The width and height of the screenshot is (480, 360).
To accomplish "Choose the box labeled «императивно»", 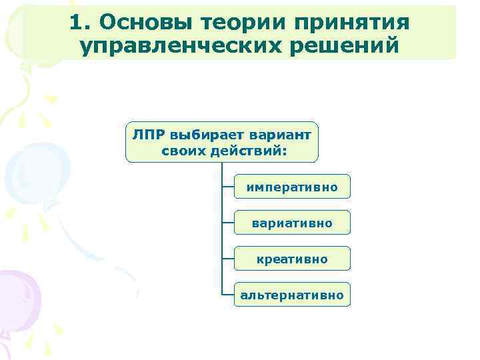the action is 291,187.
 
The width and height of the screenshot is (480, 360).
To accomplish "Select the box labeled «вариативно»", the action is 291,223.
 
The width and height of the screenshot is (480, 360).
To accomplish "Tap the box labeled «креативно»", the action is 291,258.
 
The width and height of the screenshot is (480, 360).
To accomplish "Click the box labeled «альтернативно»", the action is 291,294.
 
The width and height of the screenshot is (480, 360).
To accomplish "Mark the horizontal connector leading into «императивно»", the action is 227,187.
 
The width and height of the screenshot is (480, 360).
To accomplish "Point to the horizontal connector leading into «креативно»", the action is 227,258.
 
